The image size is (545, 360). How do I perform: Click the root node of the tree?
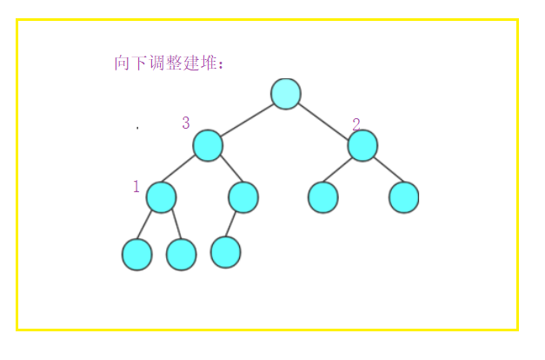pos(286,94)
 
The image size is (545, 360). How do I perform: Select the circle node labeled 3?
pos(208,145)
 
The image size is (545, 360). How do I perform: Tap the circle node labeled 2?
pos(362,145)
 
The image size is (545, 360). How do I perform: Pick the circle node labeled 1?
pos(161,197)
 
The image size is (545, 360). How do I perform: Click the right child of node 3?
pos(243,197)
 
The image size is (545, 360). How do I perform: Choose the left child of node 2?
pos(322,197)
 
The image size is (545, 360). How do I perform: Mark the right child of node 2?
pos(404,197)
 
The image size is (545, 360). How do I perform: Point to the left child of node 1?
pos(136,254)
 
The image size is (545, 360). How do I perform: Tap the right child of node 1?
pos(182,254)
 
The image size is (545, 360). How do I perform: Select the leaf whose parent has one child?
pos(225,252)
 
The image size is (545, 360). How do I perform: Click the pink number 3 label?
pos(186,123)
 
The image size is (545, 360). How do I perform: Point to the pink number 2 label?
pos(356,124)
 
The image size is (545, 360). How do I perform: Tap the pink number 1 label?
pos(136,187)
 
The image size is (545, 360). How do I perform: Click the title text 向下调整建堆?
pos(169,63)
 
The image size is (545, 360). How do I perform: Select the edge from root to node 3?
pos(247,119)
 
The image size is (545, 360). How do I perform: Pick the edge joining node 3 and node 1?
pos(184,171)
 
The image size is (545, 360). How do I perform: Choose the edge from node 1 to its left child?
pos(149,225)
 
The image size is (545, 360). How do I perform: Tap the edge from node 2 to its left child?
pos(342,171)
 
